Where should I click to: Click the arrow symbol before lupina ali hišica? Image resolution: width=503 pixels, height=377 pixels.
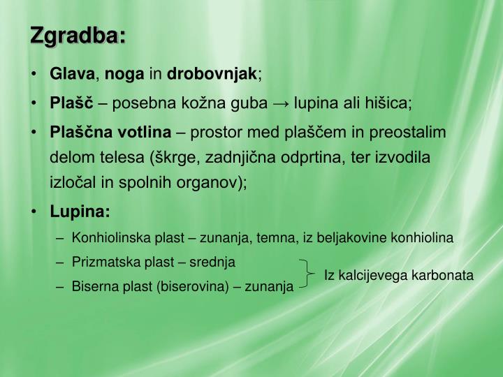282,104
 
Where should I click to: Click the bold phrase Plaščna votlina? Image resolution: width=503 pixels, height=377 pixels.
110,132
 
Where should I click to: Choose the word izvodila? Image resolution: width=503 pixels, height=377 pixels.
405,157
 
